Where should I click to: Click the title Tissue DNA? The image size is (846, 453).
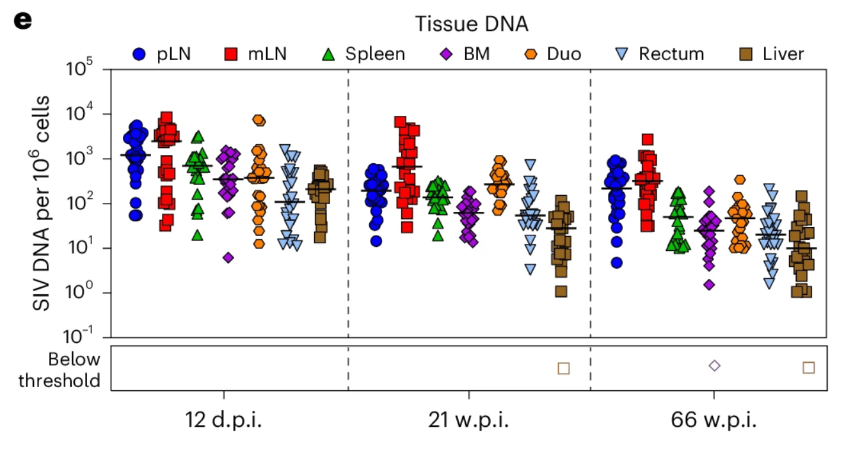tap(472, 24)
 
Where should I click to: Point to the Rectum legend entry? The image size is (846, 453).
tap(659, 54)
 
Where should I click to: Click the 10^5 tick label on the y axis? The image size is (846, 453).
tap(84, 69)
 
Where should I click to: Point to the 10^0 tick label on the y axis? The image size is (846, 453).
tap(84, 293)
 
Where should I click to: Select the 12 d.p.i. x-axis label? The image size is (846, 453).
tap(224, 421)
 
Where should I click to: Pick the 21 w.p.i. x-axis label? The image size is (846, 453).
tap(468, 421)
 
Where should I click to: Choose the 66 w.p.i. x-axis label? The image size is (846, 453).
tap(714, 421)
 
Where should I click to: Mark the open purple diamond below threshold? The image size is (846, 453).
tap(715, 366)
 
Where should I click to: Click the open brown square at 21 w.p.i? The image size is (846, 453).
tap(564, 368)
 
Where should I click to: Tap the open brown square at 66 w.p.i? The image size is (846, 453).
tap(809, 367)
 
